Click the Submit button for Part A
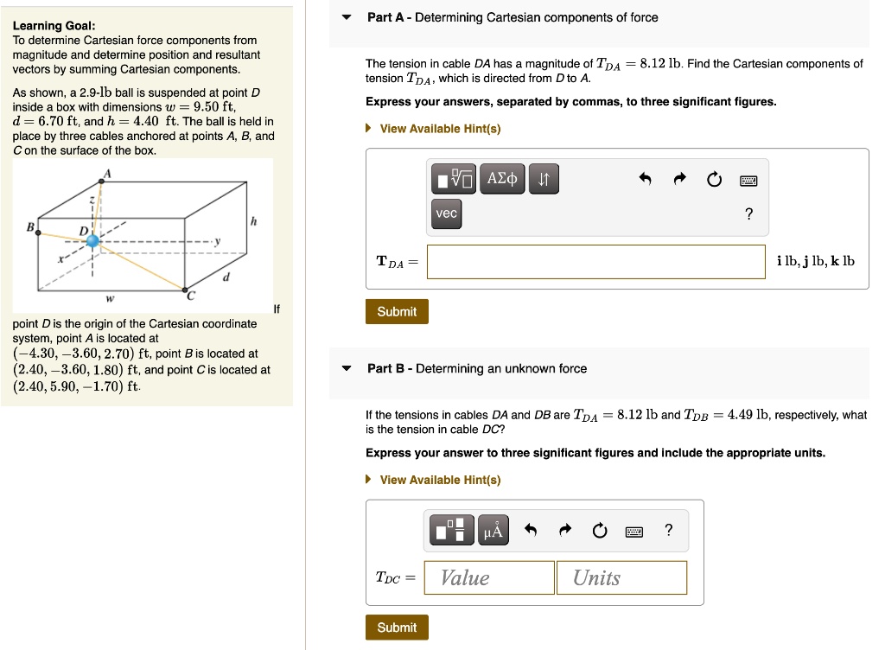coord(397,311)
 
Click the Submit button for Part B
coord(397,628)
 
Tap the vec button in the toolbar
coord(447,213)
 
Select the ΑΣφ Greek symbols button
coord(502,179)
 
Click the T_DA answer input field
coord(595,262)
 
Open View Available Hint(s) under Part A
coord(440,129)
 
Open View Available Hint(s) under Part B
coord(440,480)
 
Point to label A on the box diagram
coord(108,172)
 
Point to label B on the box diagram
coord(30,227)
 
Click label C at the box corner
coord(192,295)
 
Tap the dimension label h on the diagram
coord(253,222)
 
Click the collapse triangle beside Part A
coord(347,17)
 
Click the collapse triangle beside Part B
coord(347,368)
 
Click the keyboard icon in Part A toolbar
coord(748,180)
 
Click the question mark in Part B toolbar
coord(668,531)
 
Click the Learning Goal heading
coord(54,26)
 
